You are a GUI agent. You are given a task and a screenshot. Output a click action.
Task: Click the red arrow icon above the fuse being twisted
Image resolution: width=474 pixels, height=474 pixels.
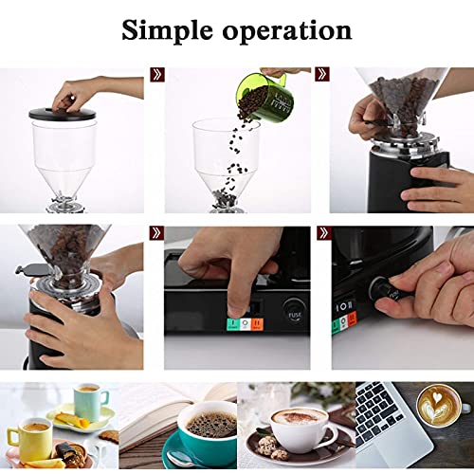tap(322, 232)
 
